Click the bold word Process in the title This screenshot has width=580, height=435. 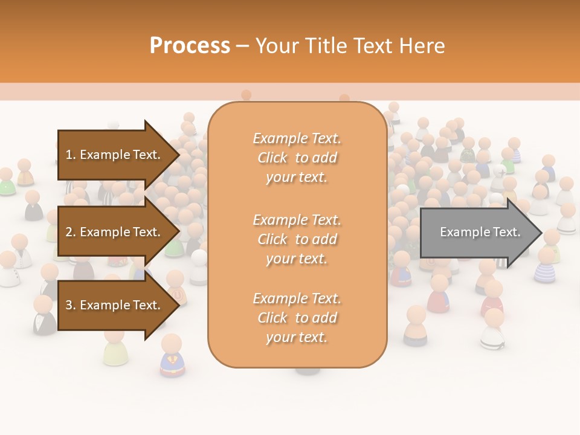tap(190, 46)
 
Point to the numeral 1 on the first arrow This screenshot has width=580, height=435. tap(69, 155)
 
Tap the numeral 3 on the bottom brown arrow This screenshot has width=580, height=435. tap(69, 305)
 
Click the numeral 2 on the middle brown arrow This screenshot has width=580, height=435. tap(69, 232)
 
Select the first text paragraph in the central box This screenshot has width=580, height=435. tap(297, 158)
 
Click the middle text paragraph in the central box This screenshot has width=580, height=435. tap(297, 239)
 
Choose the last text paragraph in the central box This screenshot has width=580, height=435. tap(297, 318)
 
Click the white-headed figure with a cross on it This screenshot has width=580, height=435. tap(499, 175)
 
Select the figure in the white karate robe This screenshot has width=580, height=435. tap(492, 329)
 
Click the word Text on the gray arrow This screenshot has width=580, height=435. tap(506, 232)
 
